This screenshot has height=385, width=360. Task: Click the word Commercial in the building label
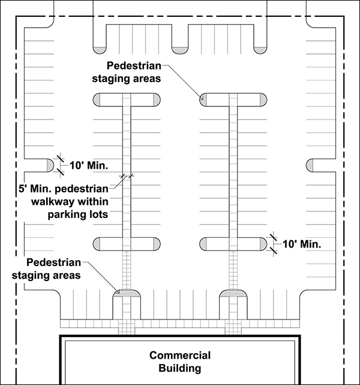click(180, 354)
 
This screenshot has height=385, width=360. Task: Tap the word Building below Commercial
click(180, 368)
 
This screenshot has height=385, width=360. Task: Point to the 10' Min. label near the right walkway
click(302, 244)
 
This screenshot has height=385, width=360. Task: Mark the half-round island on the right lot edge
click(313, 165)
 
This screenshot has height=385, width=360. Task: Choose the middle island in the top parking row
click(179, 47)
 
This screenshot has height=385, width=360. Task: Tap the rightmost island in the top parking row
click(259, 47)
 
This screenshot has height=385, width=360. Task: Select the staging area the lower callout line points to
click(126, 293)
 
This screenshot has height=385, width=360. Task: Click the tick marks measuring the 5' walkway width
click(127, 177)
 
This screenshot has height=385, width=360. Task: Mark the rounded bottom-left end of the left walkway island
click(100, 243)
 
